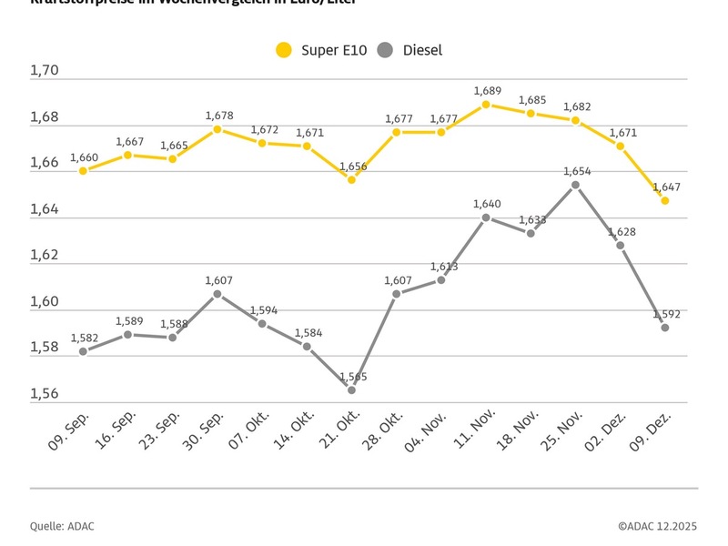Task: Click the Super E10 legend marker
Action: click(x=285, y=51)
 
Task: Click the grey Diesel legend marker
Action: click(x=387, y=51)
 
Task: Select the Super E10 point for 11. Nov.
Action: click(x=486, y=105)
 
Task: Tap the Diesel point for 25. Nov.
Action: click(x=575, y=185)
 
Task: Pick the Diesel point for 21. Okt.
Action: click(x=351, y=389)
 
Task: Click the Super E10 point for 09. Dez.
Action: click(x=665, y=200)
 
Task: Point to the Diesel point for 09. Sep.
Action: click(x=83, y=351)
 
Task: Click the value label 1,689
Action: click(x=488, y=91)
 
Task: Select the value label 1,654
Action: click(x=577, y=171)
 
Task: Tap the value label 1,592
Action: click(x=667, y=314)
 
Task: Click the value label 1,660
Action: click(x=84, y=157)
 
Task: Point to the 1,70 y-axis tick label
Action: click(x=44, y=71)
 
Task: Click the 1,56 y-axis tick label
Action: click(x=44, y=393)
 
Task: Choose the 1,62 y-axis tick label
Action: click(x=44, y=255)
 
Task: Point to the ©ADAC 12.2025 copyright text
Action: click(x=658, y=525)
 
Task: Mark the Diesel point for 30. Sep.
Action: click(x=217, y=294)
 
